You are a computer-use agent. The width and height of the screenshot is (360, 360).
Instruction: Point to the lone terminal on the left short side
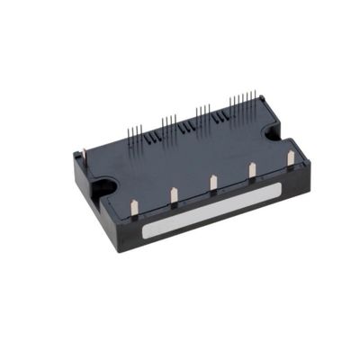(85, 159)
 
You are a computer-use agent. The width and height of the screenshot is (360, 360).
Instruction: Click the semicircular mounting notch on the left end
(105, 188)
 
